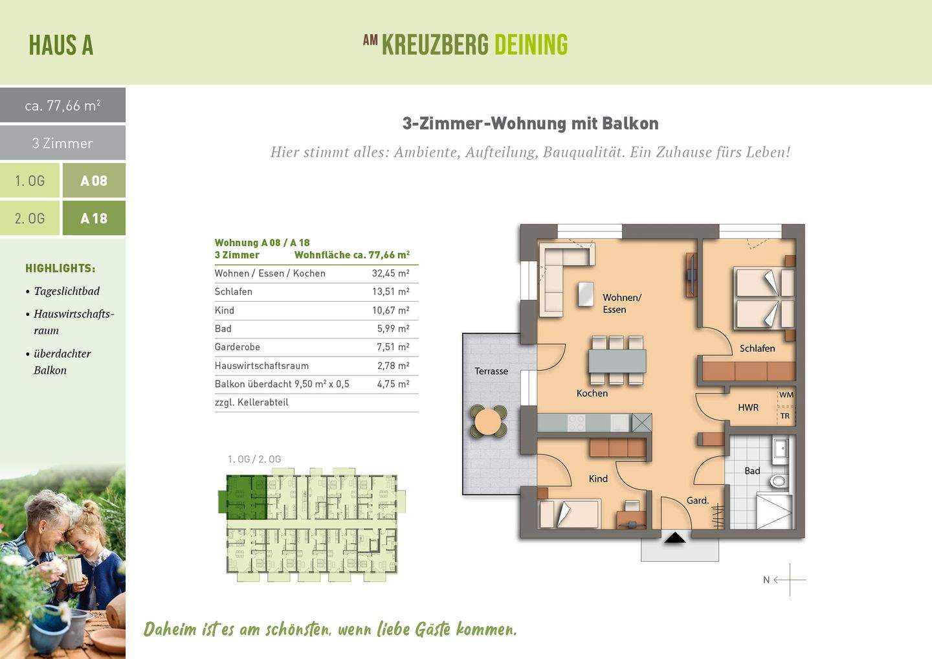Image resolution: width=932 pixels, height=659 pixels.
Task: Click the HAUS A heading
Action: pyautogui.click(x=61, y=45)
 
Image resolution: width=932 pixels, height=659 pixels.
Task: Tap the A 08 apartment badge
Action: pyautogui.click(x=94, y=181)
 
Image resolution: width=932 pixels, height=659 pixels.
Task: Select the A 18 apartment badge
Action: pyautogui.click(x=94, y=218)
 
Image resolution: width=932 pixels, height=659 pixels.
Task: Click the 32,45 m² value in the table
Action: pyautogui.click(x=390, y=273)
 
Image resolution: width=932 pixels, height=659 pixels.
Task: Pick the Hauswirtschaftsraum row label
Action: pyautogui.click(x=261, y=366)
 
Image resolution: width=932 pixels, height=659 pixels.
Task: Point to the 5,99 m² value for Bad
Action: pyautogui.click(x=393, y=329)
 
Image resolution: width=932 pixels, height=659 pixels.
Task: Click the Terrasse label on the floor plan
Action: pyautogui.click(x=491, y=371)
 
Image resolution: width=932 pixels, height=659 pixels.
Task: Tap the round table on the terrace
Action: pyautogui.click(x=489, y=422)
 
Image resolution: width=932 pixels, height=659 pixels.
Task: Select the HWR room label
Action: pyautogui.click(x=748, y=407)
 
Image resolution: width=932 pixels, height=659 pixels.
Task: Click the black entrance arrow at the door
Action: pyautogui.click(x=674, y=537)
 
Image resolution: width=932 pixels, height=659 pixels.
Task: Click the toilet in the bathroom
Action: pyautogui.click(x=778, y=481)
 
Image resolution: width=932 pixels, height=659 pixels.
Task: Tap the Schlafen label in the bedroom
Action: pyautogui.click(x=757, y=348)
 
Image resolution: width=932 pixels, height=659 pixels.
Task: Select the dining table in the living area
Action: pyautogui.click(x=617, y=360)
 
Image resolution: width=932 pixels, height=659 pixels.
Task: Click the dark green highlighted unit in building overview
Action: pyautogui.click(x=245, y=497)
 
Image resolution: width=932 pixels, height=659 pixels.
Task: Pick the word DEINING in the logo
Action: pyautogui.click(x=531, y=45)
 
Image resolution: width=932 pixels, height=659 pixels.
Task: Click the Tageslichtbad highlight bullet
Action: pyautogui.click(x=66, y=291)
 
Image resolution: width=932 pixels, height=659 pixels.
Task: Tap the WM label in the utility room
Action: pyautogui.click(x=786, y=395)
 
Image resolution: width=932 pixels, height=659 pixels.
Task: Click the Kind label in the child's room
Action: pyautogui.click(x=598, y=478)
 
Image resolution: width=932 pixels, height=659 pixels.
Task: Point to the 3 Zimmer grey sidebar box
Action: pyautogui.click(x=63, y=143)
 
